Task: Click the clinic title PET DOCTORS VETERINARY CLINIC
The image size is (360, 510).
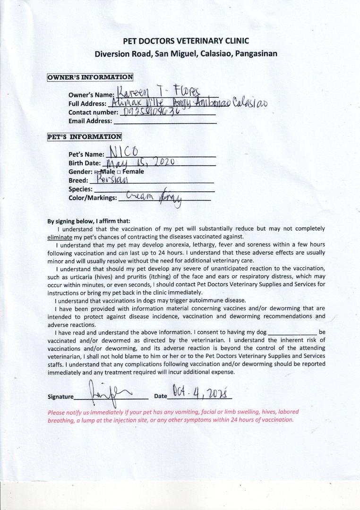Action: coord(186,41)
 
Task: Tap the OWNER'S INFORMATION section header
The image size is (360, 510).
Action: coord(90,77)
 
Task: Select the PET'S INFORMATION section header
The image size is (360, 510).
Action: coord(84,137)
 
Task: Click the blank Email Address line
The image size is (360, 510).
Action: coord(165,122)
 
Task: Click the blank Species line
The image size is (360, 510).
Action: coord(154,190)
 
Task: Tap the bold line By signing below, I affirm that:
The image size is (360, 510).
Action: coord(89,221)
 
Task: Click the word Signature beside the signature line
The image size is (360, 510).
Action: coord(60,397)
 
